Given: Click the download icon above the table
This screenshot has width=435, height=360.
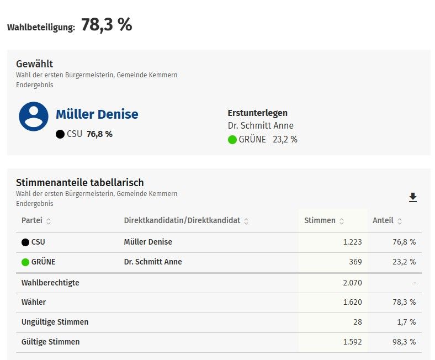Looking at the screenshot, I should click(412, 198).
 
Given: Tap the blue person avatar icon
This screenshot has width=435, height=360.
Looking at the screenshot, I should click(34, 117).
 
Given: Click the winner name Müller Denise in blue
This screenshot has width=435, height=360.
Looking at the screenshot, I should click(97, 114).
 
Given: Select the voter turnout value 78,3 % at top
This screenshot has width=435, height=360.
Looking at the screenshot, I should click(107, 25).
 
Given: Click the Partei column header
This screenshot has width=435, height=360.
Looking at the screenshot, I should click(32, 221).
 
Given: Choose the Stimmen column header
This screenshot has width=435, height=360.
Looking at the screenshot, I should click(320, 221).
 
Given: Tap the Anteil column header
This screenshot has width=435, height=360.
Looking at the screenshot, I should click(383, 221).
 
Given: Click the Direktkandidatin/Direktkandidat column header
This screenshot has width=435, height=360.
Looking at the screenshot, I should click(182, 221).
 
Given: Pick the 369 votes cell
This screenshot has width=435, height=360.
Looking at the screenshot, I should click(355, 262).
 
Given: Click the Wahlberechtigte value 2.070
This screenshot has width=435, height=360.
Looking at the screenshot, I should click(351, 283).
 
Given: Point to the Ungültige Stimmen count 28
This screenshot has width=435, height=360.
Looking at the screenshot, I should click(357, 322).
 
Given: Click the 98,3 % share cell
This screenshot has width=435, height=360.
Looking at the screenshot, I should click(404, 342).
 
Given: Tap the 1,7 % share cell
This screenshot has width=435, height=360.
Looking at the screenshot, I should click(405, 322).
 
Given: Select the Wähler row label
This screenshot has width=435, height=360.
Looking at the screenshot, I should click(34, 303).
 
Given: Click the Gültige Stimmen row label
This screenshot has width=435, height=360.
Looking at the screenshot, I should click(50, 342).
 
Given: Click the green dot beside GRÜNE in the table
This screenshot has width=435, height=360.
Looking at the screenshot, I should click(25, 262).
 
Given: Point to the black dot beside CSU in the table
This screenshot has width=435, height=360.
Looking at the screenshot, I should click(25, 242).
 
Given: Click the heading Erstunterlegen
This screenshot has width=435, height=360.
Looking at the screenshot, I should click(257, 113).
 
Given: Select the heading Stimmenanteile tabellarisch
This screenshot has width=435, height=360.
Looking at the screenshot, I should click(80, 183).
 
